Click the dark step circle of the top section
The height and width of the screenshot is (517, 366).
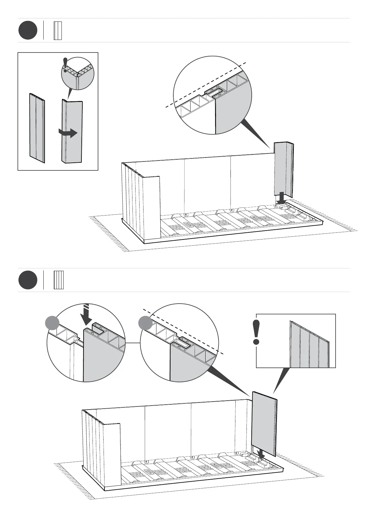[28, 30]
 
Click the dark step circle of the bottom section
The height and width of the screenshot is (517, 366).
[28, 280]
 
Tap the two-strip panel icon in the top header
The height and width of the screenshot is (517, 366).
[58, 30]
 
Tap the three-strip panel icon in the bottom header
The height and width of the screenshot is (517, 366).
[58, 280]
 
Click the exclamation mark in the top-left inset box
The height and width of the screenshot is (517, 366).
[65, 65]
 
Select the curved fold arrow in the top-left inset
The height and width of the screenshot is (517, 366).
[68, 133]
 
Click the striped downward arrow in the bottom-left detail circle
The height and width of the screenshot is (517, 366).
[87, 314]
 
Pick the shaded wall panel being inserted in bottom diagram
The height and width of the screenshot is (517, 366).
[264, 424]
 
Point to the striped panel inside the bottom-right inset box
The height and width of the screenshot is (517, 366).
[309, 345]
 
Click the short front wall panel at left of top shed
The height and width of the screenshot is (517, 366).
[151, 207]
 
